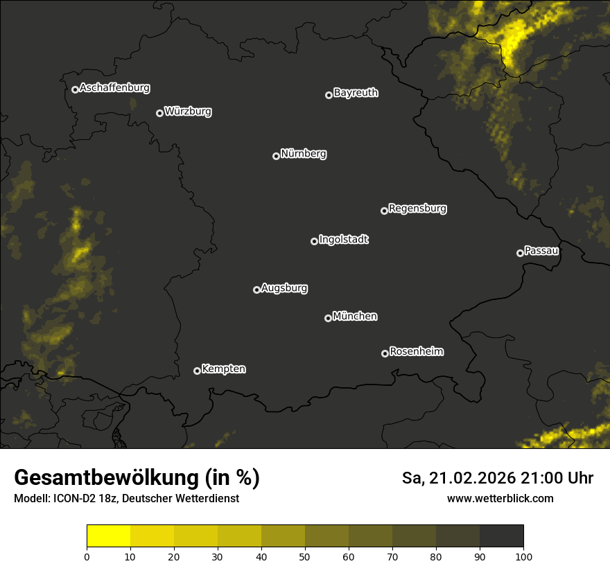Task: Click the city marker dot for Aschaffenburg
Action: point(75,89)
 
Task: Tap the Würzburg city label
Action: point(188,112)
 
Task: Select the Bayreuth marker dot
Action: point(329,96)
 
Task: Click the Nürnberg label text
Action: point(304,154)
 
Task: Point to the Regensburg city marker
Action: point(384,211)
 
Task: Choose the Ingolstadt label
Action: point(344,240)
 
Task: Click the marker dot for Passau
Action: point(520,253)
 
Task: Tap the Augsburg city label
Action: point(284,288)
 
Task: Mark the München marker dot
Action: point(328,319)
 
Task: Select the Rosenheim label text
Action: point(416,352)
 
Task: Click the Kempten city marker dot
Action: point(197,371)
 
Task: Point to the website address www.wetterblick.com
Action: point(500,499)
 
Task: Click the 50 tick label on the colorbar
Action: point(305,556)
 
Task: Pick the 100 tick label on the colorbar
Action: point(523,556)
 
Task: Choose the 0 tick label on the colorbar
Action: point(87,556)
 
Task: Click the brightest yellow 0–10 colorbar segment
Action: point(108,536)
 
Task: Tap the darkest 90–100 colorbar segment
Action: point(501,536)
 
